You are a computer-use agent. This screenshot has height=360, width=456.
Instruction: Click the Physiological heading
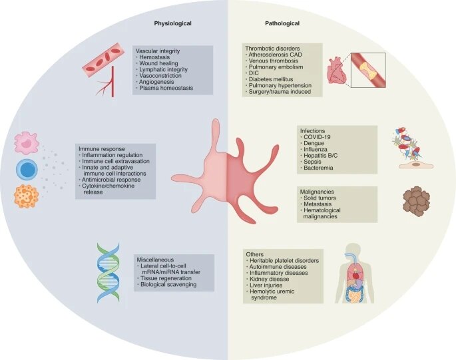pyautogui.click(x=172, y=23)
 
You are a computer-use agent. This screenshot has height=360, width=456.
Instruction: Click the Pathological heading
pyautogui.click(x=282, y=23)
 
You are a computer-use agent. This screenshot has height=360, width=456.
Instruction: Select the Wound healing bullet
pyautogui.click(x=158, y=63)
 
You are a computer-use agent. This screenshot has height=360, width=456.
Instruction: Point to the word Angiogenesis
pyautogui.click(x=156, y=82)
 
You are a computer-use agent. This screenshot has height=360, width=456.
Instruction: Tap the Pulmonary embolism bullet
pyautogui.click(x=276, y=67)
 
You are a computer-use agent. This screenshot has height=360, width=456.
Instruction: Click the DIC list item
pyautogui.click(x=254, y=73)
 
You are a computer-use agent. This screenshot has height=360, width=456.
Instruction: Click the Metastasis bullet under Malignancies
pyautogui.click(x=318, y=204)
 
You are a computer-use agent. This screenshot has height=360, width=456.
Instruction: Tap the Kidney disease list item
pyautogui.click(x=270, y=279)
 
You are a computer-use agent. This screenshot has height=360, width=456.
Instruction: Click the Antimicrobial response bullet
pyautogui.click(x=111, y=180)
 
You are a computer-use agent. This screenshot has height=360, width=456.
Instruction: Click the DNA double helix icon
pyautogui.click(x=109, y=273)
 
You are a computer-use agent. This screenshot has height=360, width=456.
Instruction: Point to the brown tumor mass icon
pyautogui.click(x=417, y=201)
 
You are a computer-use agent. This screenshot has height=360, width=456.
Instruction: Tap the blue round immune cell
pyautogui.click(x=27, y=170)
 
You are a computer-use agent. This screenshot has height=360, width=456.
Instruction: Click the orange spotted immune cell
pyautogui.click(x=27, y=196)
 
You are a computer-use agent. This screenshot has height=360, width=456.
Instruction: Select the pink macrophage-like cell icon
pyautogui.click(x=27, y=142)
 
